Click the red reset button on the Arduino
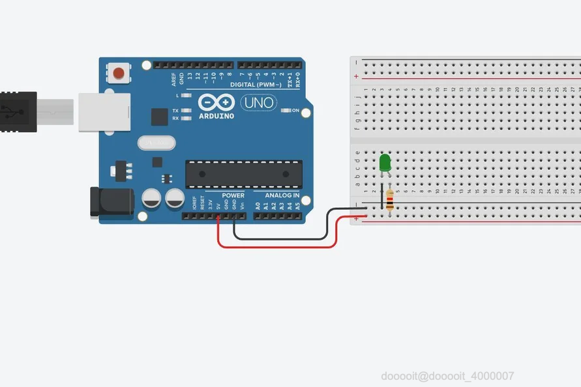(119, 72)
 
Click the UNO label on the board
(258, 103)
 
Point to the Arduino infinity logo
(216, 103)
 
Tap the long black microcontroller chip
(243, 173)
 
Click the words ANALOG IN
(282, 195)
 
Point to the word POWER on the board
(233, 195)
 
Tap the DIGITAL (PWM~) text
(256, 85)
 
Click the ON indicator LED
(286, 110)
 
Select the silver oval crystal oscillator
(156, 142)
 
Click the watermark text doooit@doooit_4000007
(447, 376)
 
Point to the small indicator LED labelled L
(186, 96)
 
